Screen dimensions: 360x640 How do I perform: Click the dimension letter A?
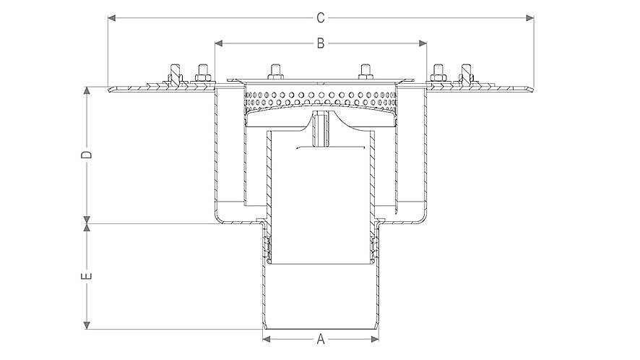[x=321, y=338]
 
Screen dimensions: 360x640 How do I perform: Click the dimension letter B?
[x=321, y=43]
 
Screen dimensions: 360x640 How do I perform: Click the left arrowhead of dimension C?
[x=111, y=17]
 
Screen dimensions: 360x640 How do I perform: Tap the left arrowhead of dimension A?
[x=265, y=338]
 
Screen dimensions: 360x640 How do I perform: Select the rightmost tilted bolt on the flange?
[x=467, y=74]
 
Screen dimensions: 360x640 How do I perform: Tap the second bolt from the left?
[x=202, y=73]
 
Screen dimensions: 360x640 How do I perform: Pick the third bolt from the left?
[x=275, y=72]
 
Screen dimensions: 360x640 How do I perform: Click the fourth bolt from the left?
[x=366, y=72]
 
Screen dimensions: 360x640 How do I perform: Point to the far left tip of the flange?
[x=110, y=90]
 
